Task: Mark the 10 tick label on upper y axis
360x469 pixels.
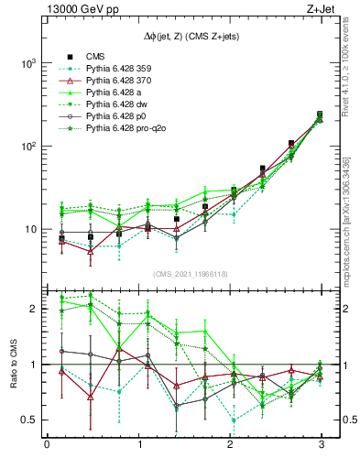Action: [x=29, y=230]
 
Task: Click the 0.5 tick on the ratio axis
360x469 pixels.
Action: [x=27, y=420]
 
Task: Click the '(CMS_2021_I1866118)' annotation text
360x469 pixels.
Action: [x=184, y=274]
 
